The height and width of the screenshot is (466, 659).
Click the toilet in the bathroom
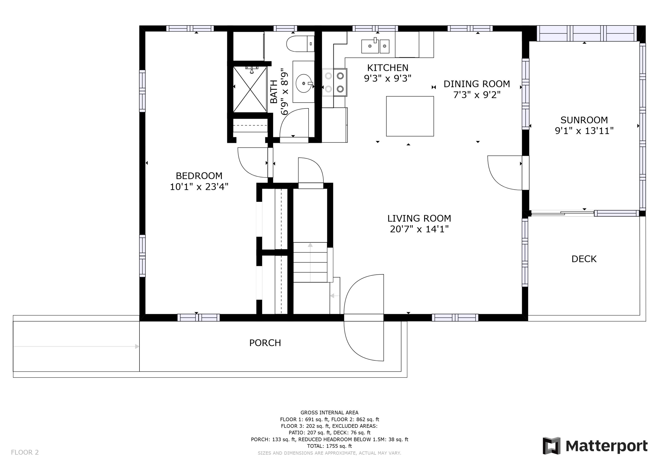coord(300,44)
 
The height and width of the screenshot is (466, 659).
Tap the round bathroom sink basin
coord(304,83)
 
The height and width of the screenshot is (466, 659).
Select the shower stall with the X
coord(250,89)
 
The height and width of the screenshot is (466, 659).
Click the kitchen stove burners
coord(334,82)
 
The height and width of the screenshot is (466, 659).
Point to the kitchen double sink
coord(375,46)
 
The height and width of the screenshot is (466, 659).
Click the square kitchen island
coord(410,116)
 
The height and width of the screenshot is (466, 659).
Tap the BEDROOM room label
coord(199,176)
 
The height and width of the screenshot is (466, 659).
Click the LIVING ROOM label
coord(419,219)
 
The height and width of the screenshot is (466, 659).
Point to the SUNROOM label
coord(584,120)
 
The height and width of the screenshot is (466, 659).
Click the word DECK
coord(584,259)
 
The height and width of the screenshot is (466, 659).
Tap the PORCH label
coord(265,343)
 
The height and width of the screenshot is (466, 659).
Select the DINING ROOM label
coord(477,84)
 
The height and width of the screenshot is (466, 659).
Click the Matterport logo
coord(595,446)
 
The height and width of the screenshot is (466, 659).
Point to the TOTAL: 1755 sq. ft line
coord(329,446)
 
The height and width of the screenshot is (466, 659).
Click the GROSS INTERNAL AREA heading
coord(329,413)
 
